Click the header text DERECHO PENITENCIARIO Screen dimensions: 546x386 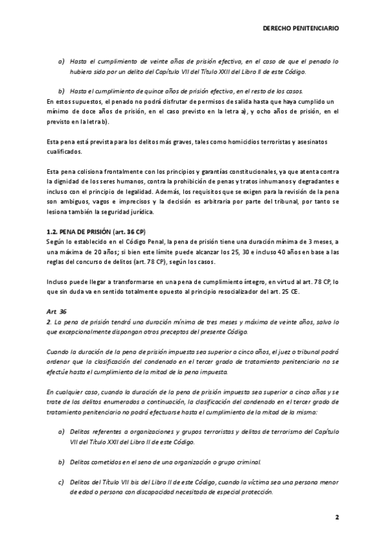(x=302, y=29)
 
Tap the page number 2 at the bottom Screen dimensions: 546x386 (x=336, y=517)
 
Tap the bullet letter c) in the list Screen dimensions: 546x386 (x=61, y=482)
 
